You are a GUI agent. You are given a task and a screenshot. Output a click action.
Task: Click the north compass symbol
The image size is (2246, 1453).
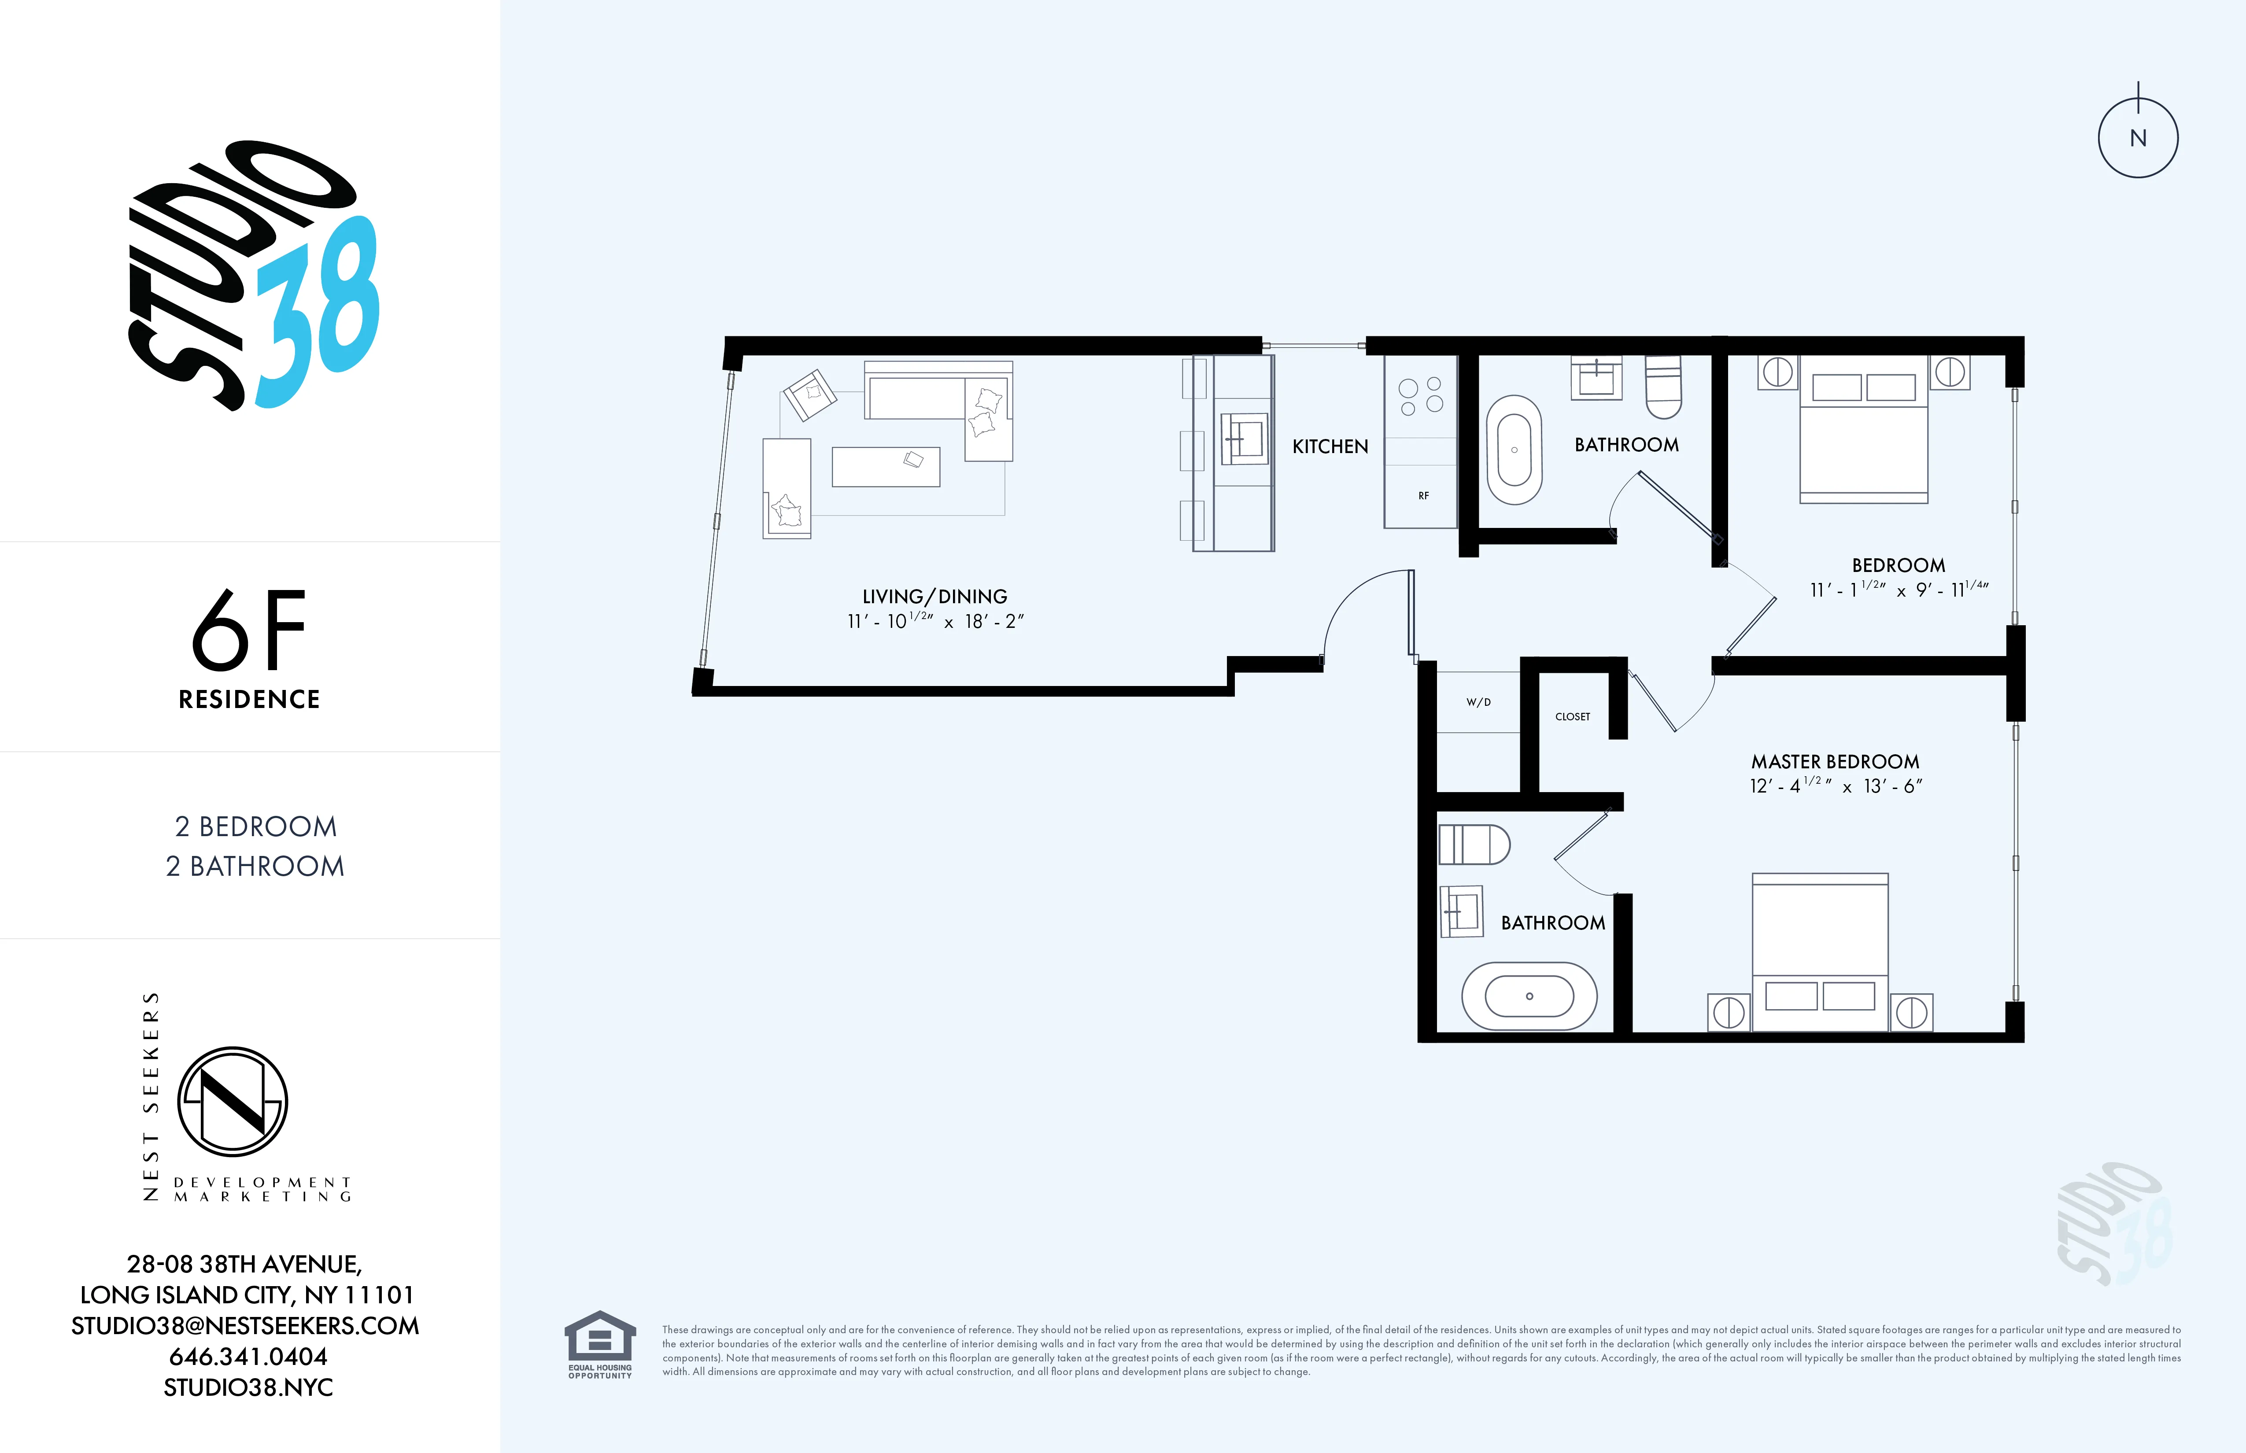pos(2138,138)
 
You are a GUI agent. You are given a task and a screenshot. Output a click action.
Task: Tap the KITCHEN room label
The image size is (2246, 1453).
pos(1330,446)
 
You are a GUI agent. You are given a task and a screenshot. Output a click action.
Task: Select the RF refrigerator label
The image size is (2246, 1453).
pos(1423,495)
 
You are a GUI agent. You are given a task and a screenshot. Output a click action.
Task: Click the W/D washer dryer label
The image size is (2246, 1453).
pos(1478,702)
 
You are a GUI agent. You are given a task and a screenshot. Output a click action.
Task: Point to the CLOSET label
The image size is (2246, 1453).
pos(1572,716)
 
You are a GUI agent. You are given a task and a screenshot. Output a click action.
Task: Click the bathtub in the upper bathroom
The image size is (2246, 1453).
pos(1514,450)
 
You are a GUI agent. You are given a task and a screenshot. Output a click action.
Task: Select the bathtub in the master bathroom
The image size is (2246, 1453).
pos(1529,996)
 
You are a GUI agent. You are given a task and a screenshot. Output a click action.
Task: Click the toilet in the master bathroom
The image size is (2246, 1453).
pos(1473,845)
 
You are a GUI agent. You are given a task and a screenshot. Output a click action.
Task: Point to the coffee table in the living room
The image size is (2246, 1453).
pos(885,466)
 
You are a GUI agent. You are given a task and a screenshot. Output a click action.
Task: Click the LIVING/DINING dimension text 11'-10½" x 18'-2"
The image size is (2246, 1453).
pos(934,621)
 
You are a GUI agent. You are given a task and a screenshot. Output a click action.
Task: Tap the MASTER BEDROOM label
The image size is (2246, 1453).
pos(1835,761)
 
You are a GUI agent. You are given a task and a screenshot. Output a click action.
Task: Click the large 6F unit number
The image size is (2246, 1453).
pos(249,630)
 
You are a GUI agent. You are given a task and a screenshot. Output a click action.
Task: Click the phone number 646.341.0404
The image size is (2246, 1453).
pos(248,1356)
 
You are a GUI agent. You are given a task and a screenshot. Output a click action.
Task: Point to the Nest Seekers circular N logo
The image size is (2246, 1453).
pos(232,1101)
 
